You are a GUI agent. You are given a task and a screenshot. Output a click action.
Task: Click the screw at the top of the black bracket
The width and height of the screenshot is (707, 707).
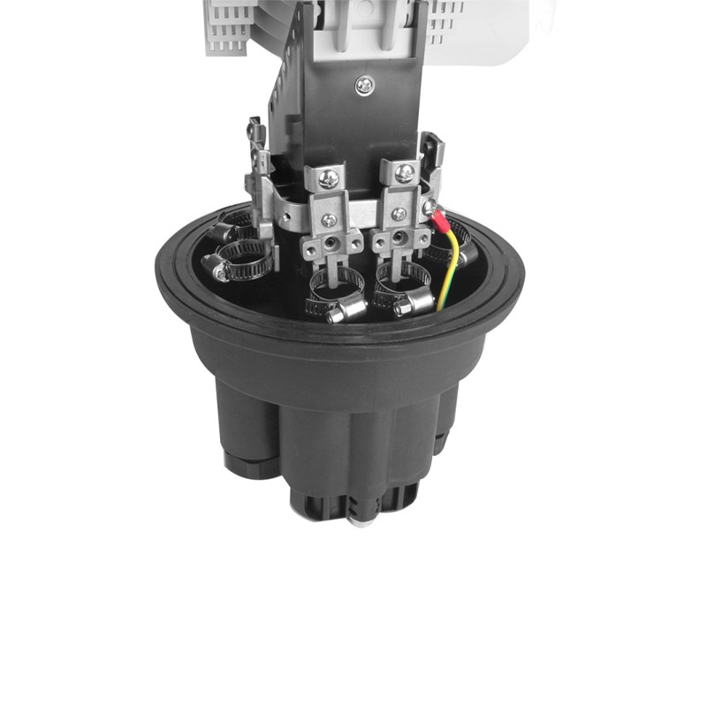364,86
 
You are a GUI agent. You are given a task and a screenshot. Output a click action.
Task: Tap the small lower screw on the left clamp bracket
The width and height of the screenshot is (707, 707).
329,219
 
